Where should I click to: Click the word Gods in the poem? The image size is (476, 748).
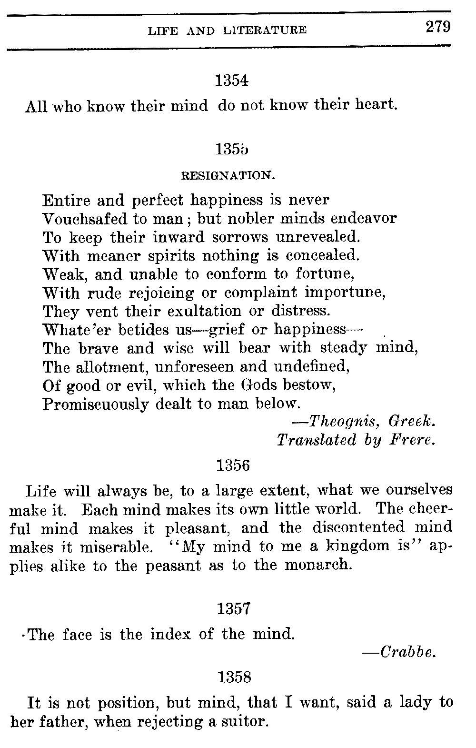click(260, 385)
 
